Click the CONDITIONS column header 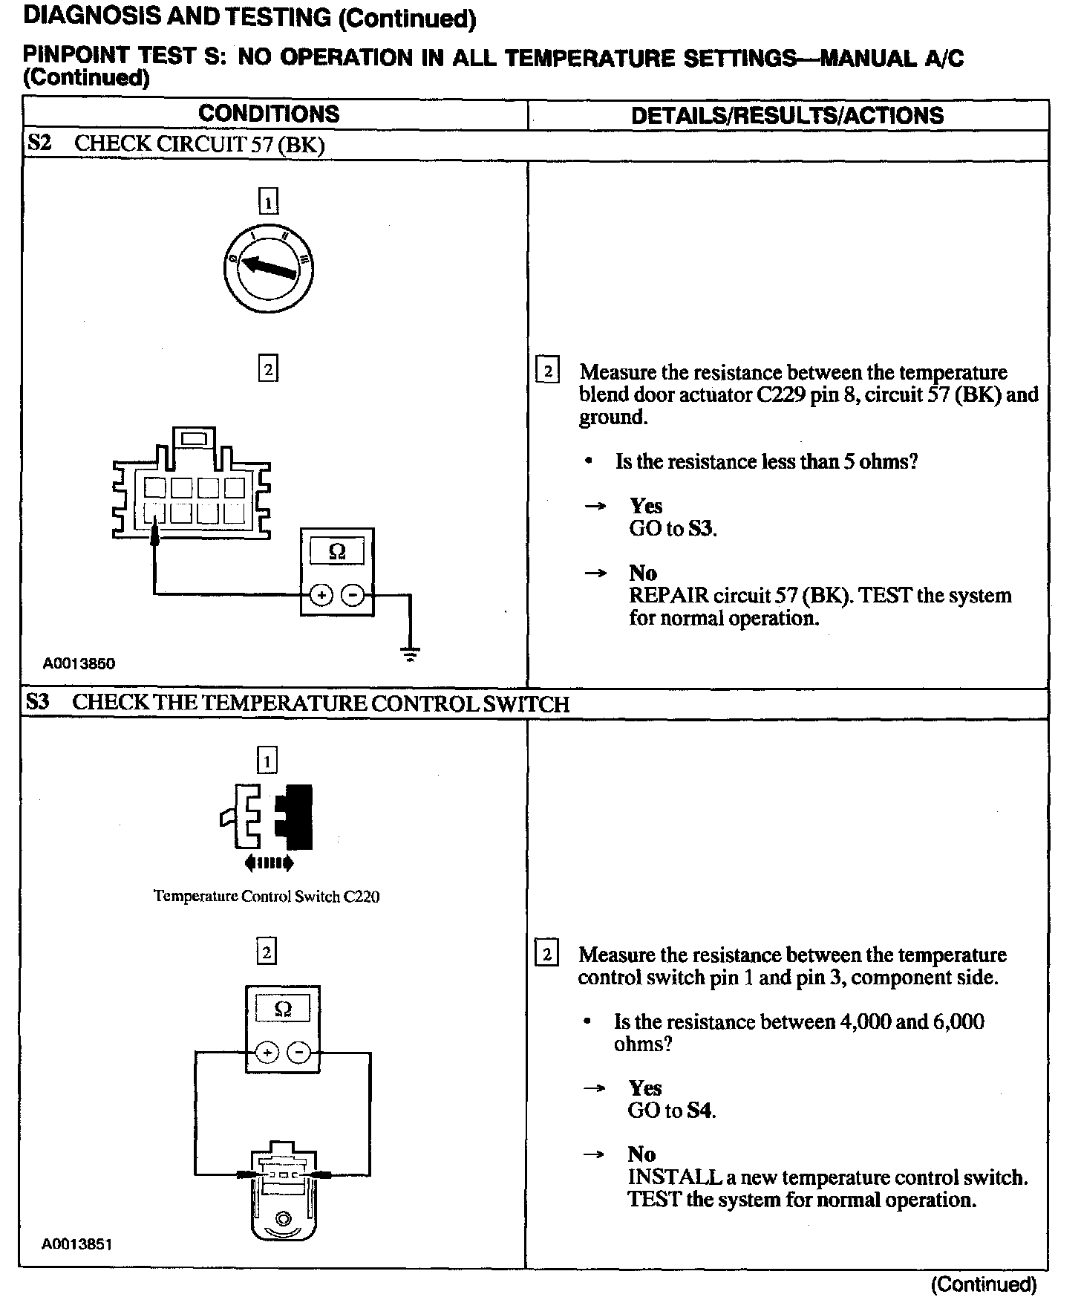pyautogui.click(x=269, y=114)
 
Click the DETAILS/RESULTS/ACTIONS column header pyautogui.click(x=787, y=116)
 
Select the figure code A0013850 pyautogui.click(x=79, y=663)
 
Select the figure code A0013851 pyautogui.click(x=77, y=1244)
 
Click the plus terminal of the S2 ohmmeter pyautogui.click(x=321, y=595)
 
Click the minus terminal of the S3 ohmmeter pyautogui.click(x=298, y=1053)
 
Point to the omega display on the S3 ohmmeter pyautogui.click(x=283, y=1008)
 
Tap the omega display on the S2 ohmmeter pyautogui.click(x=337, y=551)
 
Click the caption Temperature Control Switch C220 pyautogui.click(x=267, y=897)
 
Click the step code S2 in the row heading pyautogui.click(x=39, y=143)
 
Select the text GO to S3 pyautogui.click(x=673, y=529)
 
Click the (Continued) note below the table pyautogui.click(x=983, y=1284)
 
